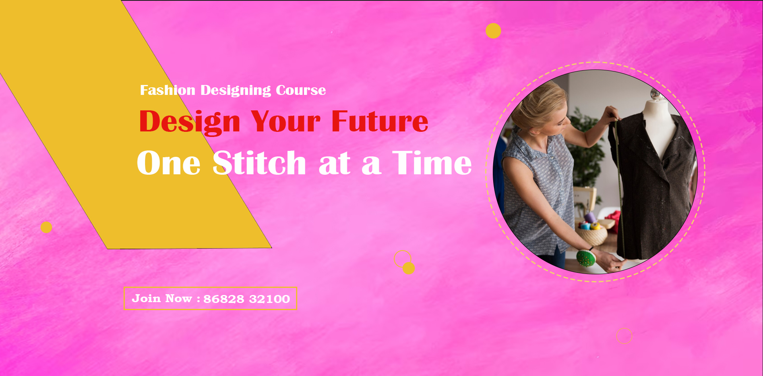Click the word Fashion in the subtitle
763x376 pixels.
(x=167, y=90)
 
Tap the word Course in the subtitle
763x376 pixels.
(x=301, y=90)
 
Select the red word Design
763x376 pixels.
(x=190, y=121)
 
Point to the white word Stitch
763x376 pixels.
(x=259, y=163)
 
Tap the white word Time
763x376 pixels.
(x=432, y=163)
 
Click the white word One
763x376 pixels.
(x=168, y=163)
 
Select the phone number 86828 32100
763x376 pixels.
(x=246, y=299)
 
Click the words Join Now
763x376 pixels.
(x=162, y=299)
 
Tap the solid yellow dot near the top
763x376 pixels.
(x=493, y=31)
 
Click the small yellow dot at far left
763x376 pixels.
(x=46, y=227)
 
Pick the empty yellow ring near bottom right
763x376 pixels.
(x=624, y=336)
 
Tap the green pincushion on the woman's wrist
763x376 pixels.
(x=586, y=258)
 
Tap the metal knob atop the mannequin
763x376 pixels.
(x=655, y=94)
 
